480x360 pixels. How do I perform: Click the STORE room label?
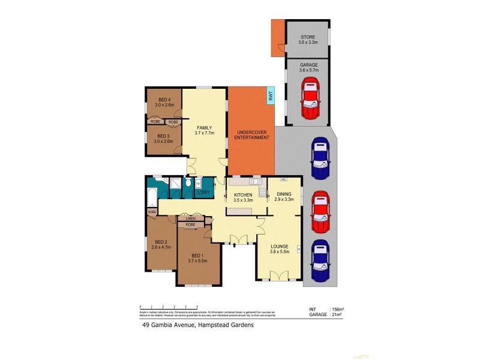point(308,37)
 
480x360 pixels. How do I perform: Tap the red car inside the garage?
point(310,98)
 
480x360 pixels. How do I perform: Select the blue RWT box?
point(271,95)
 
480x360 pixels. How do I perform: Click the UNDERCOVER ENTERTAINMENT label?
point(251,135)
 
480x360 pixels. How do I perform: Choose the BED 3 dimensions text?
point(164,142)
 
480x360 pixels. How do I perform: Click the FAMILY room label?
point(204,128)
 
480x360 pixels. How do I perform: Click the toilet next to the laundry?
point(188,182)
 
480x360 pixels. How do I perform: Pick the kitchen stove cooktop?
point(262,193)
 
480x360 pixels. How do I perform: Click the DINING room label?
point(284,194)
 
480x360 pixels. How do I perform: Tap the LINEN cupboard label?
point(190,219)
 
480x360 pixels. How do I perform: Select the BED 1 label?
point(197,255)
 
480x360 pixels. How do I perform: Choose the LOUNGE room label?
point(280,246)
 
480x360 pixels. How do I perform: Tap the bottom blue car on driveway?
point(320,262)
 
